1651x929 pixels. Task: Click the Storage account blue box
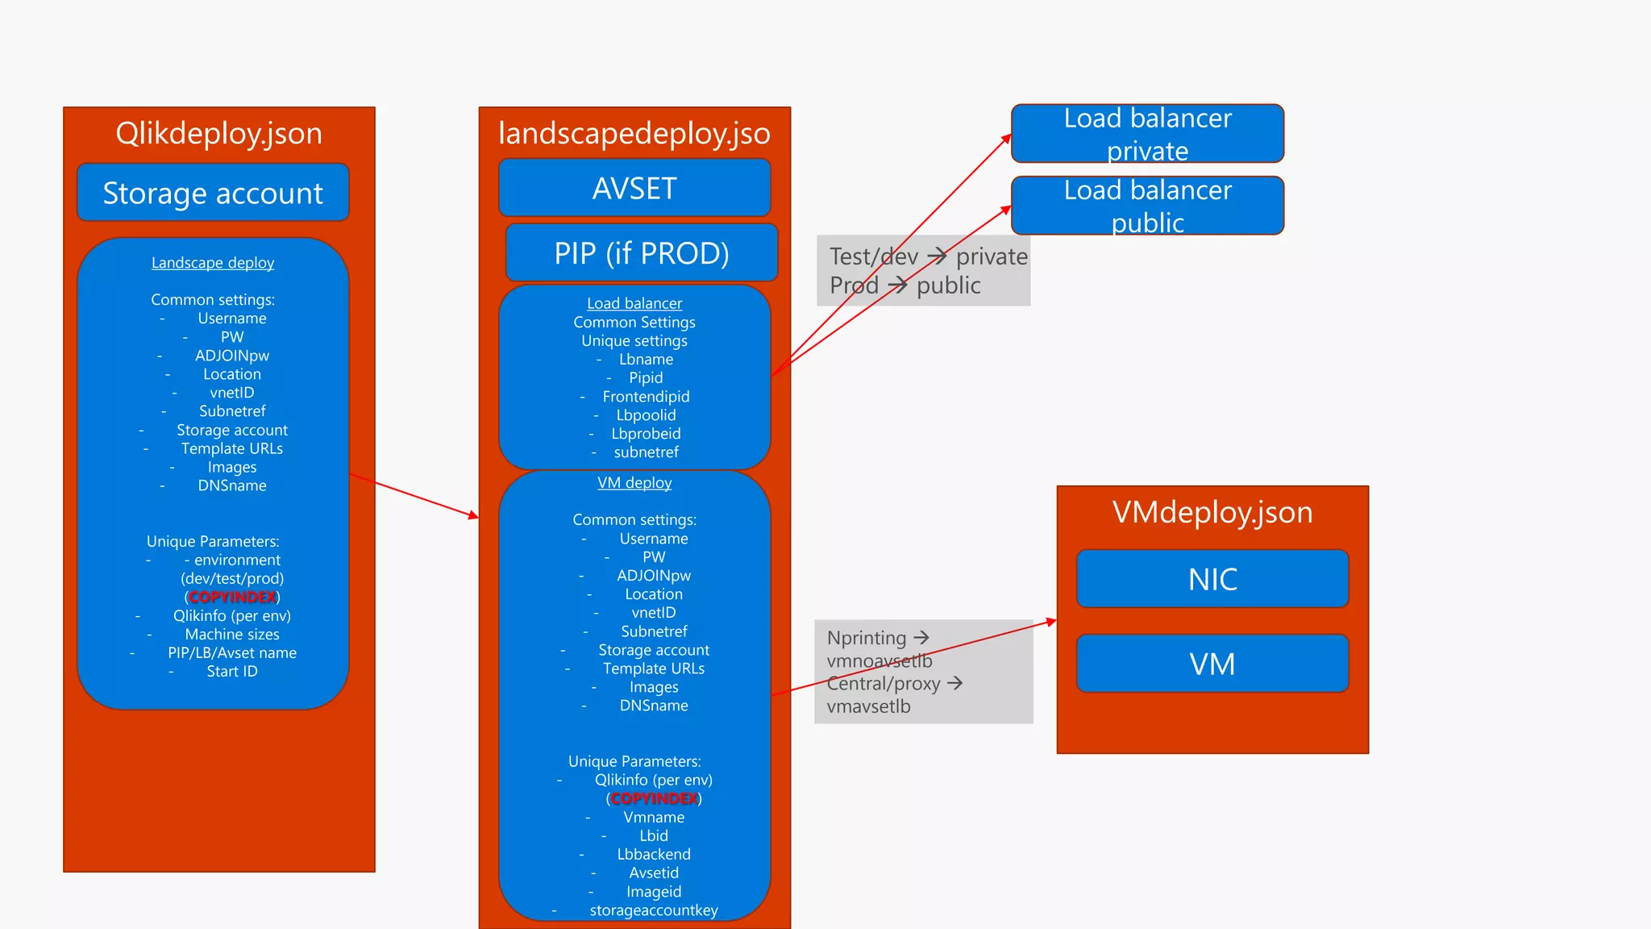[213, 193]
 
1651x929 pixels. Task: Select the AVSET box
[634, 189]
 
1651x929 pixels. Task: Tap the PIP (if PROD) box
[642, 253]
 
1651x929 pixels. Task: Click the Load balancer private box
[1147, 134]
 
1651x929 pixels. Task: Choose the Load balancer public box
[1147, 206]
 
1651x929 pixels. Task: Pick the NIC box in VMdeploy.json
[1212, 579]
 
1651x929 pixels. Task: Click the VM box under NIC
[1212, 664]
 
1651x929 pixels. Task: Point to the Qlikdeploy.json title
[218, 133]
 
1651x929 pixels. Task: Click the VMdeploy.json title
[1212, 512]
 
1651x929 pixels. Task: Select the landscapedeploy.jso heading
[634, 133]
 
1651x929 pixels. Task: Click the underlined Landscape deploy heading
[213, 263]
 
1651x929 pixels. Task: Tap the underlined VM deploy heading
[634, 482]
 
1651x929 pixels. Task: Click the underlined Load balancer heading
[634, 303]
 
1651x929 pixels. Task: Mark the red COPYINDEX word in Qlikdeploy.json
[232, 597]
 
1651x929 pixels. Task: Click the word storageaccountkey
[653, 910]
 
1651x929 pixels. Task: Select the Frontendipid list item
[646, 397]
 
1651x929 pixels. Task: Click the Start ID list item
[232, 671]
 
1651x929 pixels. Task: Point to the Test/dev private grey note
[923, 270]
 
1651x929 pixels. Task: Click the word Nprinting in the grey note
[867, 638]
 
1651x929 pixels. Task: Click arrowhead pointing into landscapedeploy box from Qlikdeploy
[474, 515]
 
